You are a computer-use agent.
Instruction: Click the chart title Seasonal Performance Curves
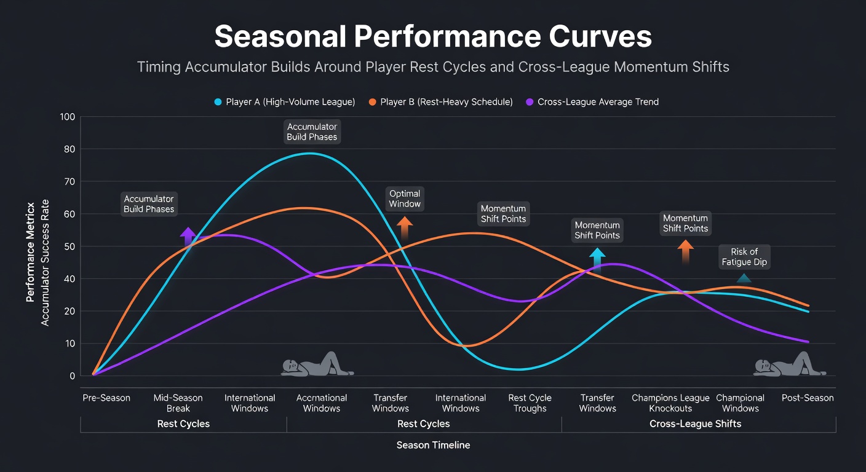(x=433, y=36)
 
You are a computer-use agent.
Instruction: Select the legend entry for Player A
(x=285, y=102)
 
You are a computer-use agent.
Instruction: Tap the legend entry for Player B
(x=441, y=102)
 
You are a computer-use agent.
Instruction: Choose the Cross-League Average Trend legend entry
(x=592, y=102)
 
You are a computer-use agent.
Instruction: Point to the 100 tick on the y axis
(x=68, y=117)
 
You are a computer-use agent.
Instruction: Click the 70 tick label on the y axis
(x=70, y=181)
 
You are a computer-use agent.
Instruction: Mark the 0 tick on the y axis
(x=73, y=376)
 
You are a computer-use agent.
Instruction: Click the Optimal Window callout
(x=405, y=199)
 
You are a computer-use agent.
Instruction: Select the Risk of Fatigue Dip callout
(x=744, y=257)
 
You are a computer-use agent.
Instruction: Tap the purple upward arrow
(x=188, y=237)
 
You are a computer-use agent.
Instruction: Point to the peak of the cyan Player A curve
(x=309, y=154)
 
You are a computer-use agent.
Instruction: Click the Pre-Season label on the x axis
(x=106, y=398)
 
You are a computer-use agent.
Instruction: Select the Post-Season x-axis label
(x=808, y=398)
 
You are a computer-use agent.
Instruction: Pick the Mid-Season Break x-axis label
(x=178, y=403)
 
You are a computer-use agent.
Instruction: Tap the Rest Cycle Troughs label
(x=530, y=403)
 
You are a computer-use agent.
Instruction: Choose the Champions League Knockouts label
(x=670, y=403)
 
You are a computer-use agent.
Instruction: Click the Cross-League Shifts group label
(x=695, y=423)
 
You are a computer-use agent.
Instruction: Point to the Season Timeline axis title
(x=433, y=445)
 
